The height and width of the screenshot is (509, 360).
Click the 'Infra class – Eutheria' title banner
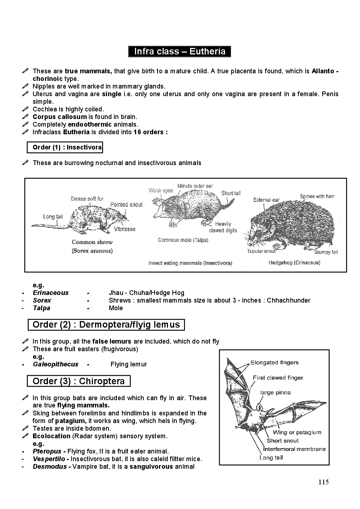[180, 52]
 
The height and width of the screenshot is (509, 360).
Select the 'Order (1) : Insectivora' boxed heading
[65, 147]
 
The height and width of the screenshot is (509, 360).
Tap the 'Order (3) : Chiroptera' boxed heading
[78, 381]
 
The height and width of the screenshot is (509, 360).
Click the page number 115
[323, 482]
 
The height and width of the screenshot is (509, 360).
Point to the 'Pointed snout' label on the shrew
[126, 205]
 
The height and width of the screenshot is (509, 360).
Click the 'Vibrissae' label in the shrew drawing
[124, 229]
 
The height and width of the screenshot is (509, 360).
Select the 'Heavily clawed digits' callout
[223, 227]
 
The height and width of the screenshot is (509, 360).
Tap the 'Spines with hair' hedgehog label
[317, 196]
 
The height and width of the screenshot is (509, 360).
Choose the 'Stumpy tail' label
[326, 252]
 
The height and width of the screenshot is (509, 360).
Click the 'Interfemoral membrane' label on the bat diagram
[294, 449]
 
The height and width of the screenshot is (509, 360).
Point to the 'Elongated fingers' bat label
[274, 362]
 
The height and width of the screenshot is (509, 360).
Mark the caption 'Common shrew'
[92, 242]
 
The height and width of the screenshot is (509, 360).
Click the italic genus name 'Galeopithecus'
[56, 364]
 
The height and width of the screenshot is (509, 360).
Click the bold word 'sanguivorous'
[151, 467]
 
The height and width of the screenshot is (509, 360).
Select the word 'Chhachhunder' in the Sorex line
[289, 300]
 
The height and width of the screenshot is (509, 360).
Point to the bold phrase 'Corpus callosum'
[60, 117]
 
